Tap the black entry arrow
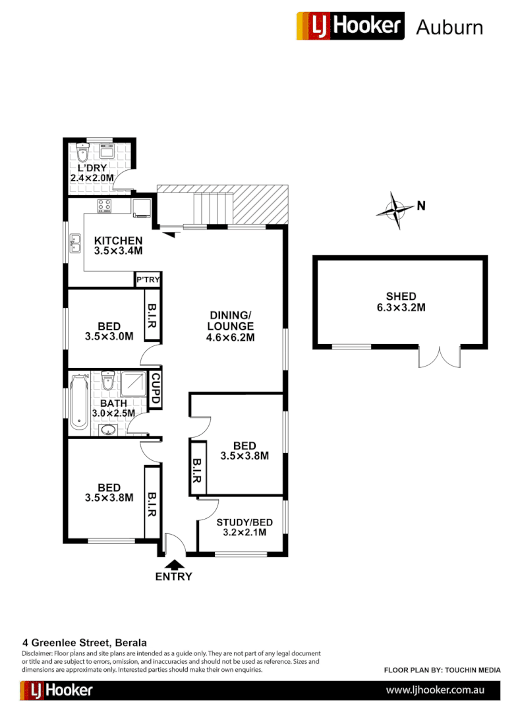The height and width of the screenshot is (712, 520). click(174, 564)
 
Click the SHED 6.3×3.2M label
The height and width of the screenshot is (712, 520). click(401, 302)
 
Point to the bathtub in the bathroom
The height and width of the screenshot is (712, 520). click(79, 401)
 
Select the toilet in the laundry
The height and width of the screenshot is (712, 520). click(82, 154)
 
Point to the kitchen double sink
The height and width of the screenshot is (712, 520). click(76, 244)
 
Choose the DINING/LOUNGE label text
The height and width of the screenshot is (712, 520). click(230, 326)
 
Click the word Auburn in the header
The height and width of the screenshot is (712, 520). click(449, 27)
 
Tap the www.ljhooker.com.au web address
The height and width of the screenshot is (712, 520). click(435, 690)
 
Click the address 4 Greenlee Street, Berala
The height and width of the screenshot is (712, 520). click(84, 642)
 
